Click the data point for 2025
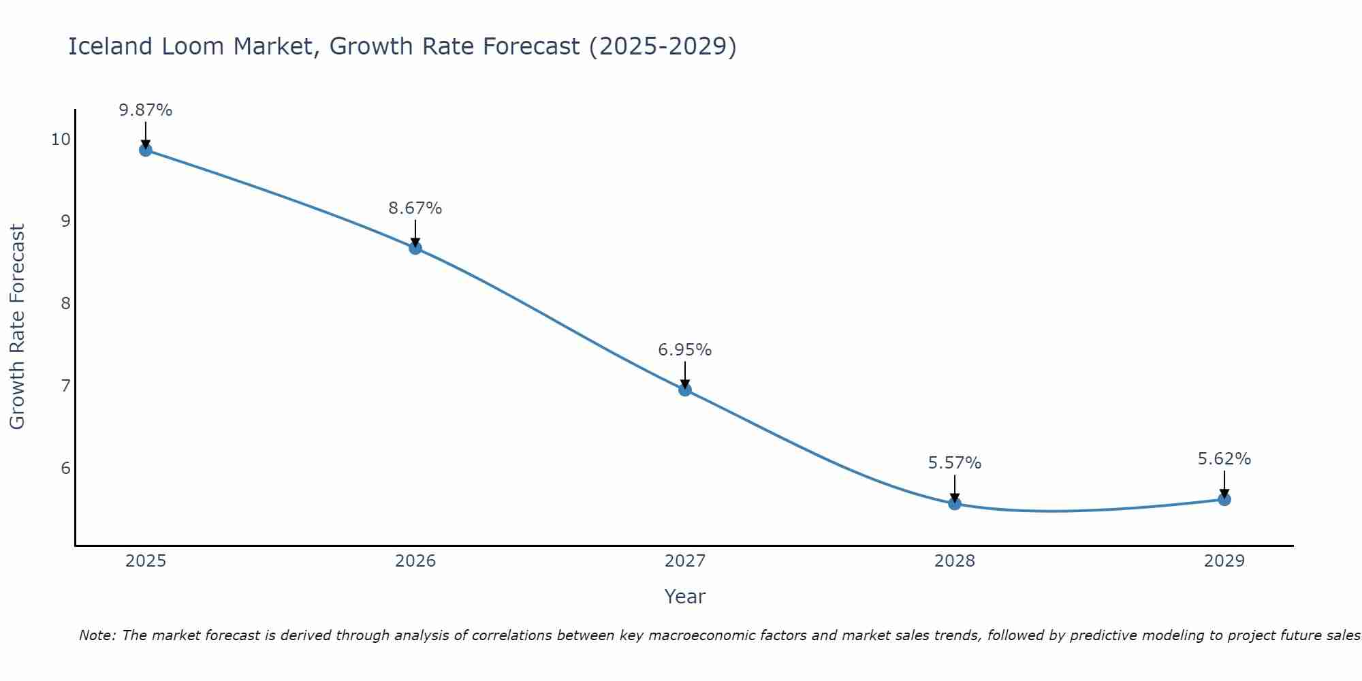point(145,150)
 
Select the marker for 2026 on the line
point(415,248)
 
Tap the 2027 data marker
point(685,390)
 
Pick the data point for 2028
point(955,503)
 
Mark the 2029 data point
point(1224,499)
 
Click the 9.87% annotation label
point(145,110)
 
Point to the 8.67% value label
point(415,208)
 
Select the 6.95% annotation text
point(685,350)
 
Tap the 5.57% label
point(955,464)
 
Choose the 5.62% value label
point(1224,460)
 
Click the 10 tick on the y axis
point(61,140)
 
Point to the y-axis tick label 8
point(65,304)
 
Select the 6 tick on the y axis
point(65,469)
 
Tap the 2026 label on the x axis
point(415,561)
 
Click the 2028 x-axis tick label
point(955,561)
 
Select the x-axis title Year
point(684,597)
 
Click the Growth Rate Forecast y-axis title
point(17,327)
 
